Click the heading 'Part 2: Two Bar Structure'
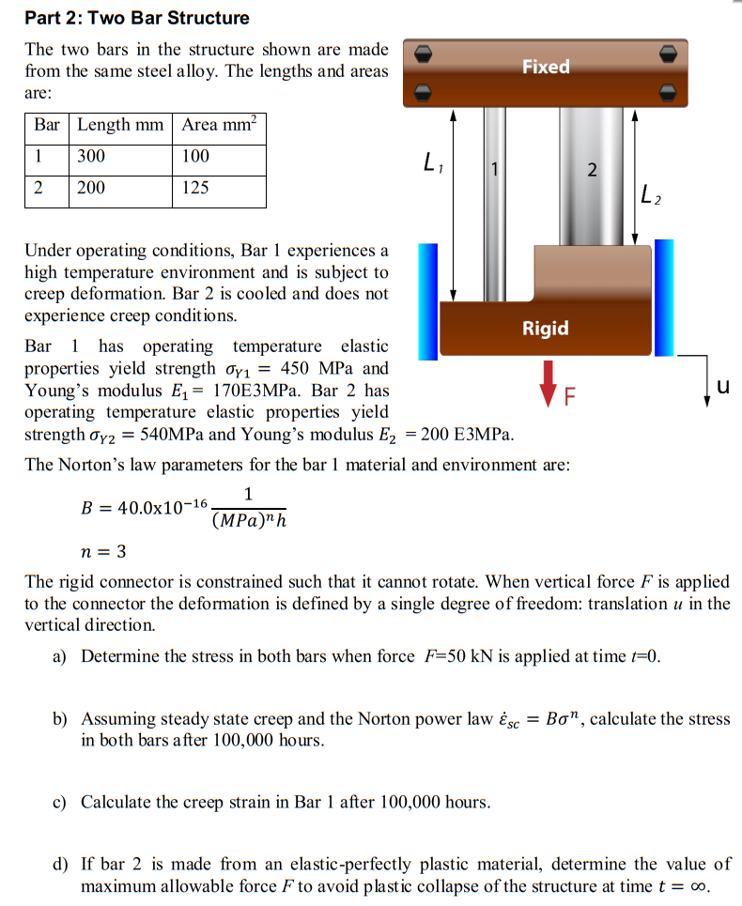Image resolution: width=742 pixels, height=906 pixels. coord(137,18)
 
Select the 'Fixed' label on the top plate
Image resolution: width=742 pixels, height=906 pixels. coord(546,67)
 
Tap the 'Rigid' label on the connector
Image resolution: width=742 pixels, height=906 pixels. coord(546,328)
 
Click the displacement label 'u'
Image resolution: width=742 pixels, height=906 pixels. coord(721,387)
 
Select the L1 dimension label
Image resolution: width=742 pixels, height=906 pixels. coord(434,166)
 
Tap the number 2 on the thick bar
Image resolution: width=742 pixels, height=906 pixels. coord(591,170)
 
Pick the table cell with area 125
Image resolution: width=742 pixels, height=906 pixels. coord(220,188)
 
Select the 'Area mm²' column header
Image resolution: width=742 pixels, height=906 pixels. coord(220,125)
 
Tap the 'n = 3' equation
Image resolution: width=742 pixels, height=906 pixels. coord(103,550)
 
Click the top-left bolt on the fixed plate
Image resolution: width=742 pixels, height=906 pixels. coord(424,54)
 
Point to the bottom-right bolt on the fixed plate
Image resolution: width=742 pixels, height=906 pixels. coord(668,91)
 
